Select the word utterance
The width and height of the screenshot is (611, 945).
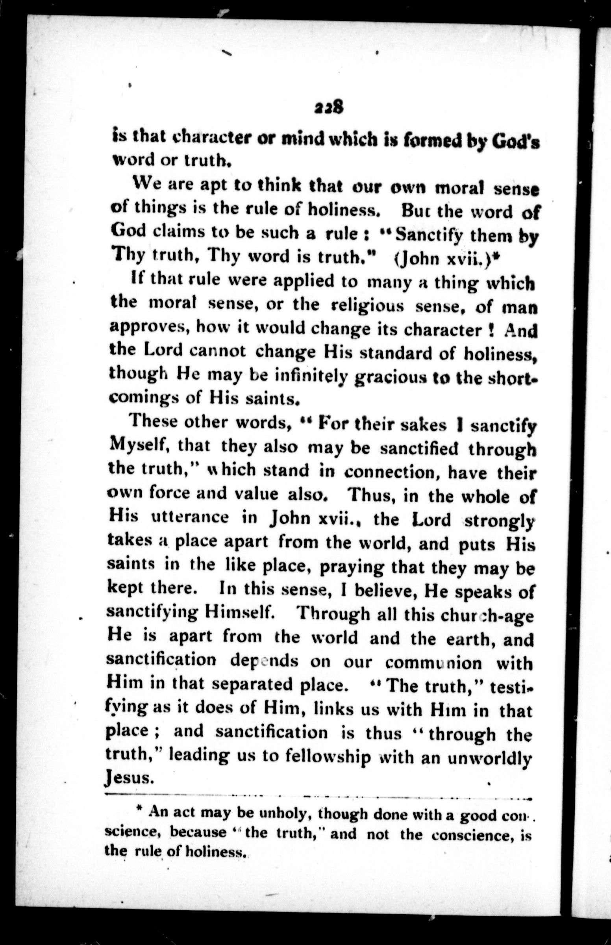click(x=190, y=517)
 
